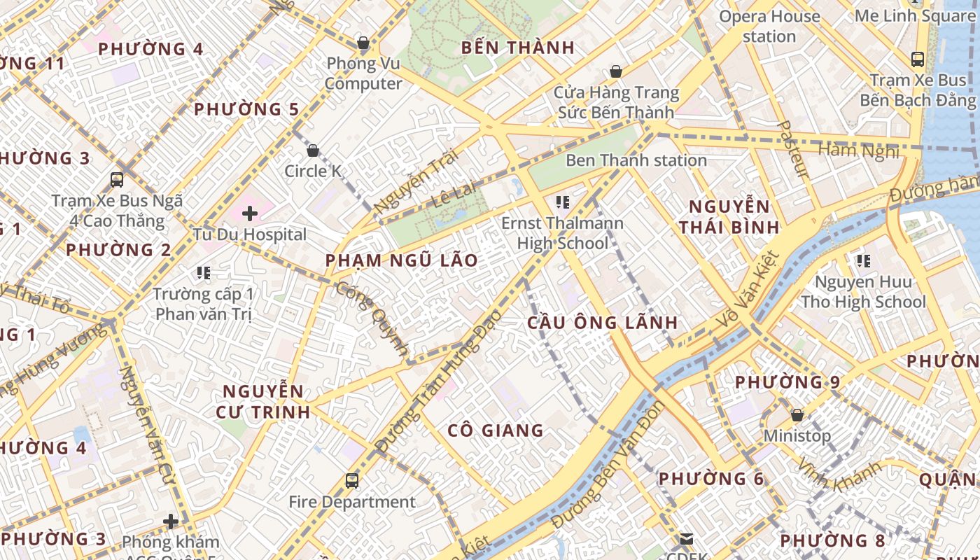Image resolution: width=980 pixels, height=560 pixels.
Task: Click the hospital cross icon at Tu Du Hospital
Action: pos(250,213)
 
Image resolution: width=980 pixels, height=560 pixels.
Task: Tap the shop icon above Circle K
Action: pos(313,150)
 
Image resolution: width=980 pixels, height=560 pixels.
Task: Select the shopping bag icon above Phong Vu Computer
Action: pos(363,43)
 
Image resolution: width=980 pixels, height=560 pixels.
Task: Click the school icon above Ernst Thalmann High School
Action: pos(562,203)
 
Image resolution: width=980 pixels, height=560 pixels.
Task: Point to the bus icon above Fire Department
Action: pos(352,481)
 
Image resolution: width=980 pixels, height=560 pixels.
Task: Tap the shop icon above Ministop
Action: pos(797,415)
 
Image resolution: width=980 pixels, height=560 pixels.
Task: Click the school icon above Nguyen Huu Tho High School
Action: pos(863,261)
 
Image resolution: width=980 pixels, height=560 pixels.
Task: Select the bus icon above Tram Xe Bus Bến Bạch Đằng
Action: pos(917,59)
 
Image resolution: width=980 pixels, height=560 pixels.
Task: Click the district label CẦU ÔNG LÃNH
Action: pos(602,323)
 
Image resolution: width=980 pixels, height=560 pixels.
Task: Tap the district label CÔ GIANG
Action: pos(495,430)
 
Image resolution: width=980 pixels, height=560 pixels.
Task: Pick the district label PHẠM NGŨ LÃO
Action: pos(402,260)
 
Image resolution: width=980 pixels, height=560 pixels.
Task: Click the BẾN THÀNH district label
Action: pos(518,48)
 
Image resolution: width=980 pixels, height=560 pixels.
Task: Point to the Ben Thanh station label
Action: pos(636,160)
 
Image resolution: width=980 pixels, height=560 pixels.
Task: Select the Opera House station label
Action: pos(769,26)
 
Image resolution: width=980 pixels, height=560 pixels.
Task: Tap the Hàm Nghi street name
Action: pos(857,150)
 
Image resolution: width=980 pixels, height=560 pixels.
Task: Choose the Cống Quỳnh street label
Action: pos(372,318)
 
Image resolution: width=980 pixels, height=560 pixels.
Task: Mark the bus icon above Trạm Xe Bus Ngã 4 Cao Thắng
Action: pos(117,180)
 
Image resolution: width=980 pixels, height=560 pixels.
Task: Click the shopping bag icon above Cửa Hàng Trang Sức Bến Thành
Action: pos(615,71)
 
